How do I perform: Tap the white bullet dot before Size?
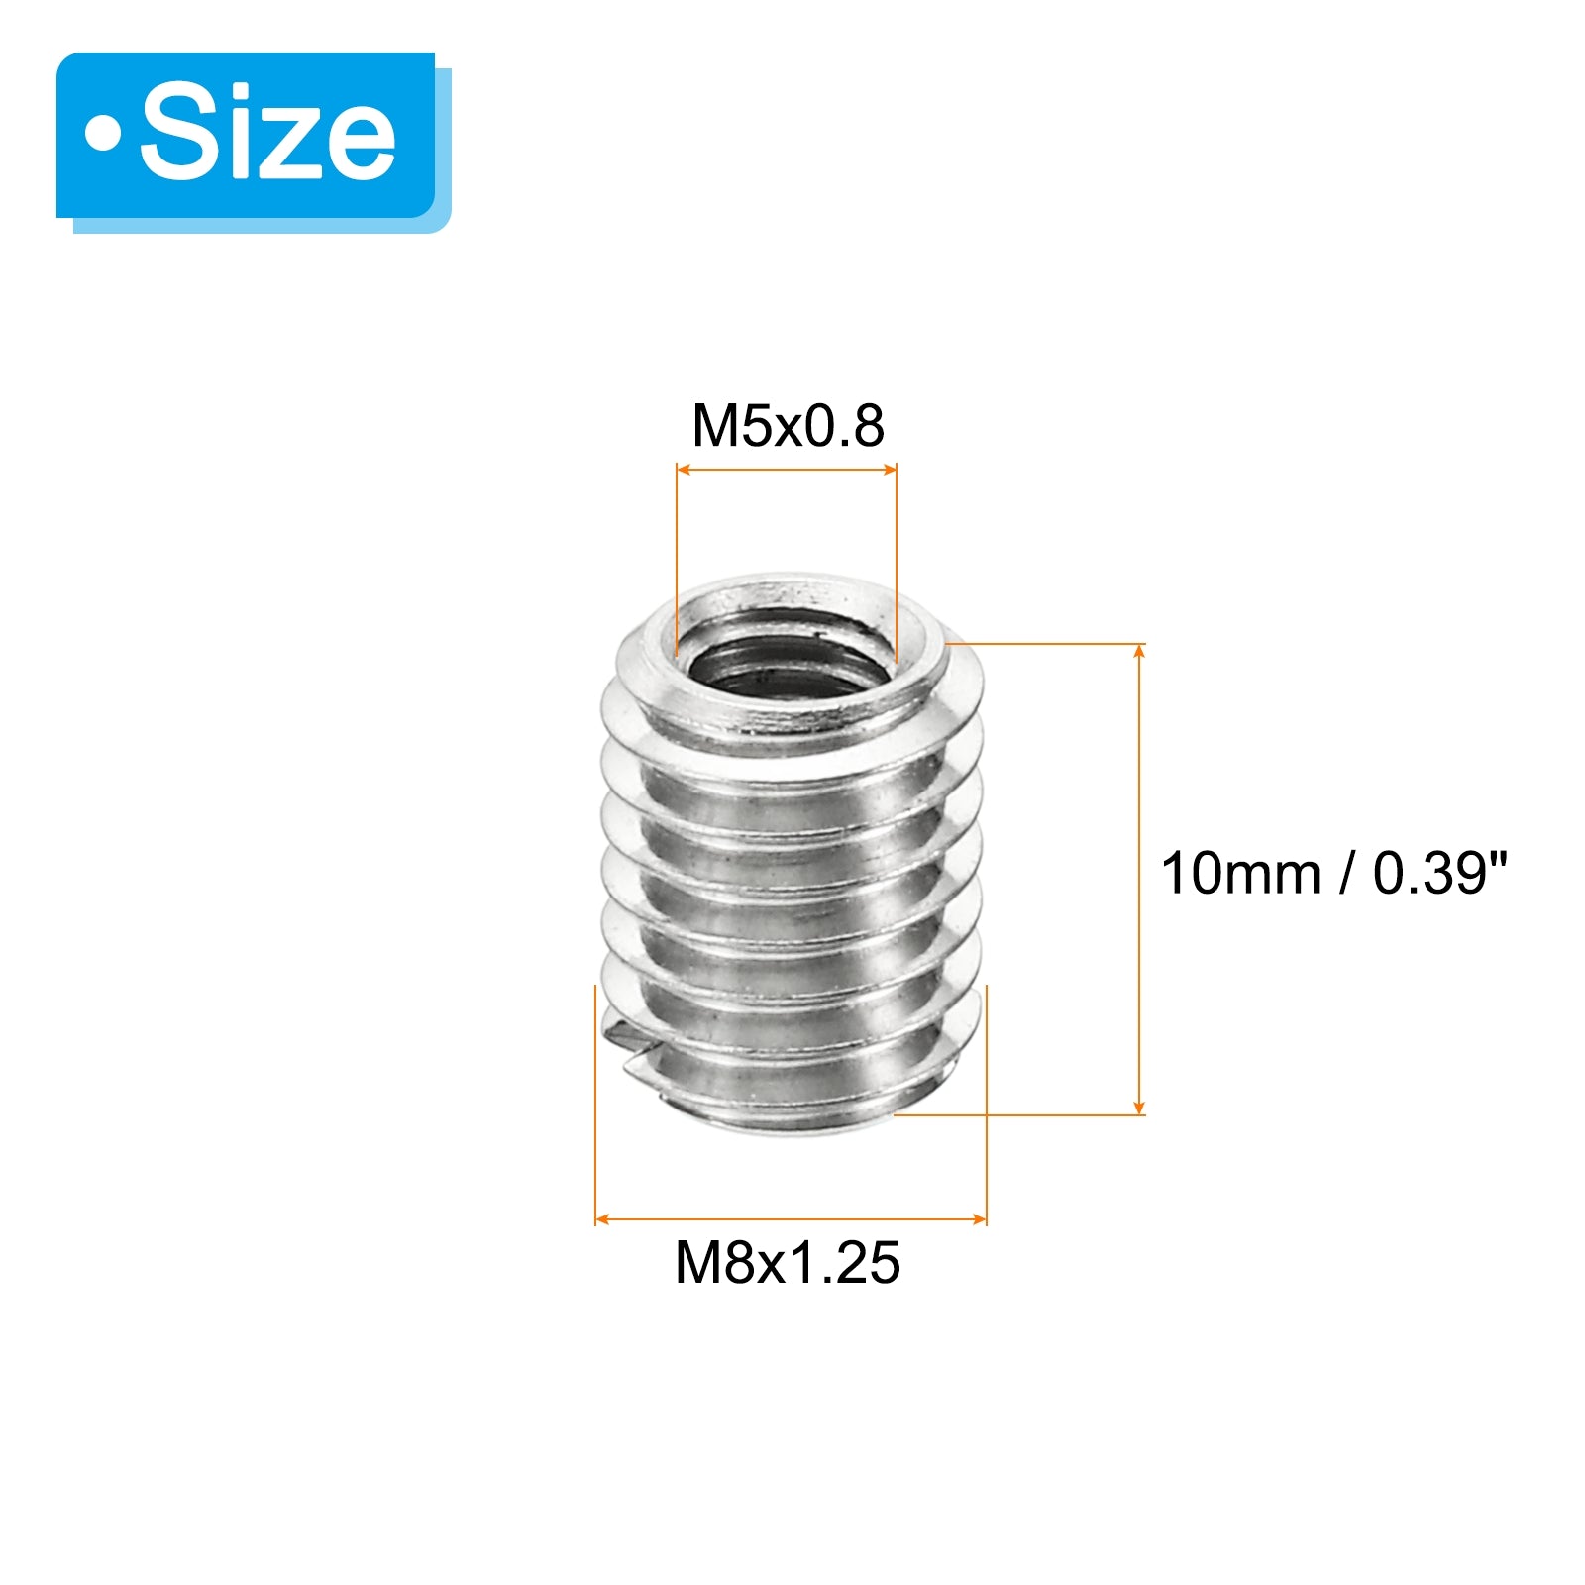point(102,134)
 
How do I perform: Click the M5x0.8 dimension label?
point(788,426)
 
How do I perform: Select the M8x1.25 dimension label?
point(788,1263)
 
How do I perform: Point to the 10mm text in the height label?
point(1240,874)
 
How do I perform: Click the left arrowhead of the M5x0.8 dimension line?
point(683,469)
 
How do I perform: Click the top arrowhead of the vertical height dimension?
point(1139,651)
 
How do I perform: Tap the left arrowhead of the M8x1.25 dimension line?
point(601,1219)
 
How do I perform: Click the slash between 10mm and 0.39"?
point(1346,874)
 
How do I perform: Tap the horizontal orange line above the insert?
point(787,469)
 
